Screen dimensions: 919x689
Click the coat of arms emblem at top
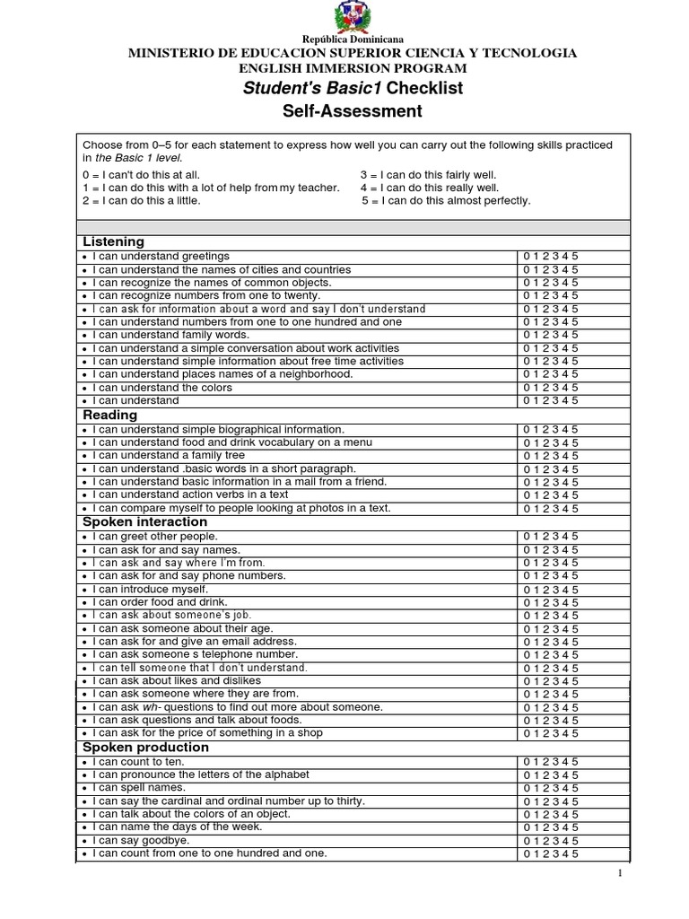point(353,17)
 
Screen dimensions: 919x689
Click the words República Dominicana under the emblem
point(353,40)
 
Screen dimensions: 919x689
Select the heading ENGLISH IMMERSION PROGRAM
point(353,68)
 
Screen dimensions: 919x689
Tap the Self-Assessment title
point(353,111)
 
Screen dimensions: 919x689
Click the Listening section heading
point(113,242)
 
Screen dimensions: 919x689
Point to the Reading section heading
point(109,416)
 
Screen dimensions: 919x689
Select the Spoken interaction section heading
point(144,521)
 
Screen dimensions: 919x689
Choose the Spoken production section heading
point(145,747)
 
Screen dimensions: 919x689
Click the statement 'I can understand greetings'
point(161,256)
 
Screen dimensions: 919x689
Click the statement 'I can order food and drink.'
point(160,601)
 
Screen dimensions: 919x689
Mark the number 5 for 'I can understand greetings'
point(575,256)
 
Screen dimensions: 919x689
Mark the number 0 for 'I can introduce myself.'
point(527,589)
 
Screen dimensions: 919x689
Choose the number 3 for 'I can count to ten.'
point(556,761)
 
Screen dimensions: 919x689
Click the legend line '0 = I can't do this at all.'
point(142,175)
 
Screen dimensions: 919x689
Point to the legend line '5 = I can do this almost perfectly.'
point(446,201)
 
